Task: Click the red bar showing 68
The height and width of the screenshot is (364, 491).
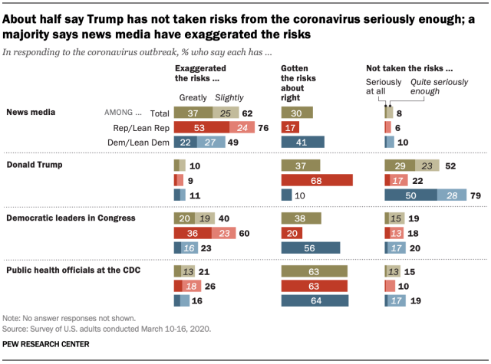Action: click(317, 180)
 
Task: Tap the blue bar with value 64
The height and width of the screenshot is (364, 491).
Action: click(315, 300)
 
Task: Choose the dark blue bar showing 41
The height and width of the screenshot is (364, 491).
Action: click(303, 142)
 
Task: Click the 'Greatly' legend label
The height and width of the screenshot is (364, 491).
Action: click(192, 97)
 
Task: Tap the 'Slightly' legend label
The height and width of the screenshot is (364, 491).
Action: click(229, 97)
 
